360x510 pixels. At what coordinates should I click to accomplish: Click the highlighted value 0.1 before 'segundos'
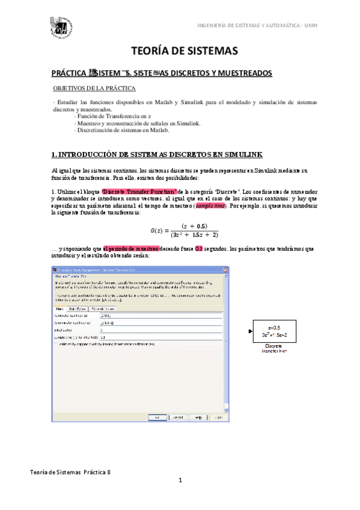198,248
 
